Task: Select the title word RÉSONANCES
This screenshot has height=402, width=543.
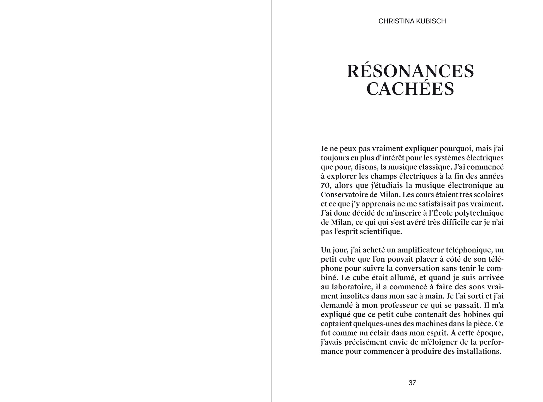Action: (410, 71)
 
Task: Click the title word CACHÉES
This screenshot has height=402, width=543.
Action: (410, 89)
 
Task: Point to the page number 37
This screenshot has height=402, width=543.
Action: (412, 383)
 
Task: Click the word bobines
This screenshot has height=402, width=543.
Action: (477, 314)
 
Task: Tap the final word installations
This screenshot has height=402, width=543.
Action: (479, 351)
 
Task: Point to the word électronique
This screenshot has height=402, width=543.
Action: (466, 186)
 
